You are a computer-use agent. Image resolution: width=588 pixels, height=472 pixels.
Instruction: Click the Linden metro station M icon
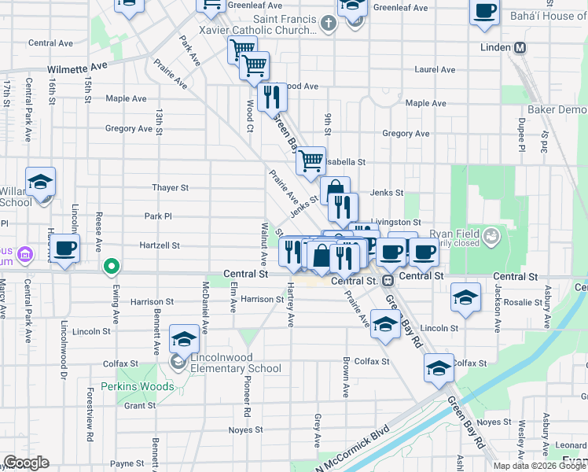click(x=520, y=48)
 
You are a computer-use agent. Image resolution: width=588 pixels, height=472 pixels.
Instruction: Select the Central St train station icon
click(x=388, y=281)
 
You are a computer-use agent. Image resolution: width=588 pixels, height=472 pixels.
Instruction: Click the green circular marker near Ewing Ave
click(x=112, y=266)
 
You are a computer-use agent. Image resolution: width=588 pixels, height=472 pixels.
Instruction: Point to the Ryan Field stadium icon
click(x=491, y=234)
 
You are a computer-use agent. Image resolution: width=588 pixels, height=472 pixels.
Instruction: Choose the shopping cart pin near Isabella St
click(x=311, y=160)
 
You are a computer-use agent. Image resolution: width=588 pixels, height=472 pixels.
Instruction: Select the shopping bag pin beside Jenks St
click(x=335, y=190)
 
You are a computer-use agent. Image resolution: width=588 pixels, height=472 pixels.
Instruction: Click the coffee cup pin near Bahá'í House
click(x=484, y=11)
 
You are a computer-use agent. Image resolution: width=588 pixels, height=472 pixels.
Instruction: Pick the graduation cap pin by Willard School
click(x=40, y=183)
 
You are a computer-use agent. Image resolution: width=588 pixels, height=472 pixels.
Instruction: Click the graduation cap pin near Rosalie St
click(x=466, y=298)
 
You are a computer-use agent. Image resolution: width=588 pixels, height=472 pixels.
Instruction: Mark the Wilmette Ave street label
click(x=76, y=69)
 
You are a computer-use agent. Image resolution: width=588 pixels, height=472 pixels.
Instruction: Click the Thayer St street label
click(x=171, y=188)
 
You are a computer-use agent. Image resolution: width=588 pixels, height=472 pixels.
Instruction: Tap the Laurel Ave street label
click(x=436, y=69)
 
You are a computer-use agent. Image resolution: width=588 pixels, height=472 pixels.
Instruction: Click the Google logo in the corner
click(x=26, y=463)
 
